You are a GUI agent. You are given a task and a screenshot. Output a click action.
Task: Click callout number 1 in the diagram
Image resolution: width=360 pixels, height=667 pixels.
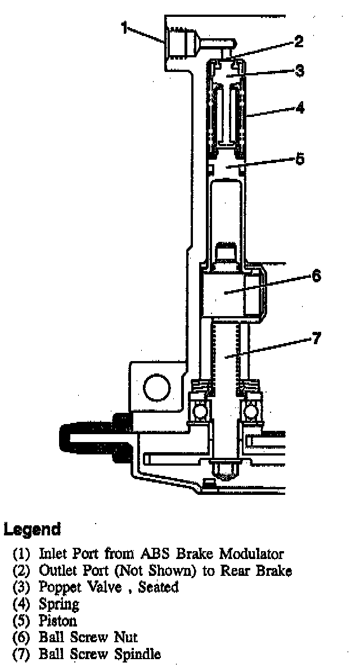[x=124, y=26]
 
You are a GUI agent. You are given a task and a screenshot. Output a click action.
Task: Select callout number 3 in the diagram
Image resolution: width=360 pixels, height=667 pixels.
[x=299, y=70]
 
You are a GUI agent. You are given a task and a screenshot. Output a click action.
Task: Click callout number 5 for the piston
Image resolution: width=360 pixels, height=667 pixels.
[x=299, y=159]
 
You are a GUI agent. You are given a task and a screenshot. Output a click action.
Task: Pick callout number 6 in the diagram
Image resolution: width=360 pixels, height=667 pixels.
[x=316, y=276]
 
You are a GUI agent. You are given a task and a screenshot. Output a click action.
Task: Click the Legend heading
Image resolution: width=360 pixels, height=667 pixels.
[x=32, y=529]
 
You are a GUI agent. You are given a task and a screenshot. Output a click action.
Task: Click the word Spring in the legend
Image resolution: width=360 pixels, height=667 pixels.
[x=58, y=605]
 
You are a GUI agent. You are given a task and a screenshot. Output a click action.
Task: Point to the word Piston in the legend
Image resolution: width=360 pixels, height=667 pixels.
[x=58, y=621]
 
